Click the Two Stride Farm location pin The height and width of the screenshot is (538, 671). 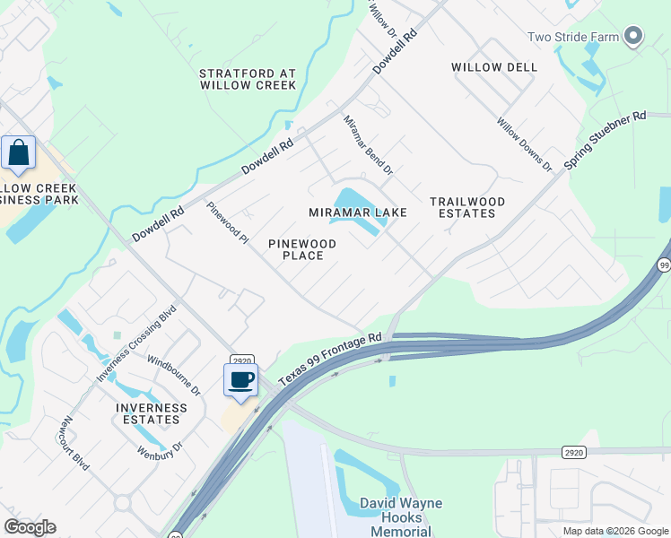point(634,36)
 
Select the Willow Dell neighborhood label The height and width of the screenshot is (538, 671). point(494,67)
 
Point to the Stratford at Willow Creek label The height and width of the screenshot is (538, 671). point(248,79)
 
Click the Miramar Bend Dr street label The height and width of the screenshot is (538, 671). point(368,143)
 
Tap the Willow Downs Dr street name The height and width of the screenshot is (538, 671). point(524,143)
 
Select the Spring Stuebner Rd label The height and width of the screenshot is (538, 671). point(605,141)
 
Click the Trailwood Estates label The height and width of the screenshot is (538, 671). point(467,207)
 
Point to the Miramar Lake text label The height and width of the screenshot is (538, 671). point(358,213)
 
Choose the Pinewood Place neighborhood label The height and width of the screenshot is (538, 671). point(302,249)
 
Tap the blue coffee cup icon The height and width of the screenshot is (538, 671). point(240,380)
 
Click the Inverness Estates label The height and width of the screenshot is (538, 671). point(152,413)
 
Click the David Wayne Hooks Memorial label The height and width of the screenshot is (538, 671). point(400,516)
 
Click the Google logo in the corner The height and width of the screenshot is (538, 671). point(30,527)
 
